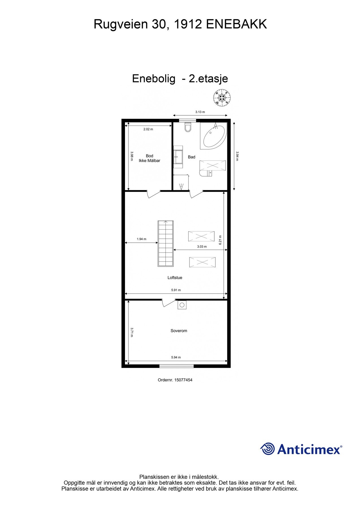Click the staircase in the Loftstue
click(x=165, y=243)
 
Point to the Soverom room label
click(x=179, y=331)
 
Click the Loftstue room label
click(x=175, y=278)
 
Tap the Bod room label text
click(x=149, y=156)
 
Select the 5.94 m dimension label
click(x=176, y=357)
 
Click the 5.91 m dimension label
click(x=176, y=290)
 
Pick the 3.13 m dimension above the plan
click(x=200, y=112)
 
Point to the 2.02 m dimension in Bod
click(x=148, y=129)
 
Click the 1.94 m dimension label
click(x=141, y=239)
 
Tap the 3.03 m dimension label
click(x=202, y=247)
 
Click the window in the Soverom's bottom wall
click(x=176, y=366)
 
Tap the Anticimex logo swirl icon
click(x=268, y=449)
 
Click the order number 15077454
click(x=183, y=380)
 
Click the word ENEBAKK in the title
click(x=236, y=24)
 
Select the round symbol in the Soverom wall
click(x=182, y=305)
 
